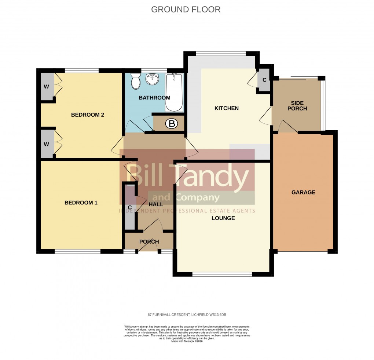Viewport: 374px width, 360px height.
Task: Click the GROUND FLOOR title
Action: tap(186, 10)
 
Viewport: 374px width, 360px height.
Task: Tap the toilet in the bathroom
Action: tap(136, 80)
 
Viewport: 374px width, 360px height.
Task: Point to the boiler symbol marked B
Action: tap(171, 124)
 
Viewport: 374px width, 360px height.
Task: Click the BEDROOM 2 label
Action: tap(88, 115)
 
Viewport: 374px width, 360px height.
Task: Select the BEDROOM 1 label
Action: tap(81, 203)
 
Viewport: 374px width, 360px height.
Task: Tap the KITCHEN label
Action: tap(226, 108)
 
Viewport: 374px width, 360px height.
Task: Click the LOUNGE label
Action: tap(223, 218)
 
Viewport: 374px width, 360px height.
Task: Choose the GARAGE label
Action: tap(303, 192)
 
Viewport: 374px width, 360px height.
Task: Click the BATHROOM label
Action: tap(154, 98)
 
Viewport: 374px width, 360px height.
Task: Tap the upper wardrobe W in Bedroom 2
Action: tap(47, 87)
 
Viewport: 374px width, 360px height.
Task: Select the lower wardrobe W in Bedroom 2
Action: tap(47, 144)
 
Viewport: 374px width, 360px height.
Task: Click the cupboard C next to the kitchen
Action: tap(264, 80)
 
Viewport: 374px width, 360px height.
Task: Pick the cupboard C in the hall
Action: tap(130, 207)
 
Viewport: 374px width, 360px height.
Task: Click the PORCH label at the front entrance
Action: tap(149, 242)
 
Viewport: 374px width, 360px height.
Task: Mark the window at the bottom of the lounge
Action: tap(222, 274)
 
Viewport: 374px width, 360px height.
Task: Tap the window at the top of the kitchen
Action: tap(221, 54)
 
